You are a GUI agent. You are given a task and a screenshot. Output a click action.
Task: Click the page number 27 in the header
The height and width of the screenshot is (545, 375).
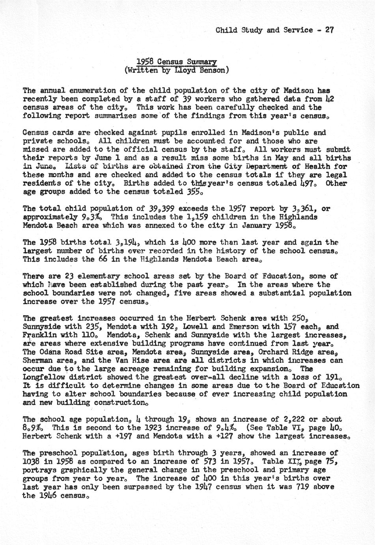pyautogui.click(x=329, y=30)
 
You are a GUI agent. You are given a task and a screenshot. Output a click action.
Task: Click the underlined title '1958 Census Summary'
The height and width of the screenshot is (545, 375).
pyautogui.click(x=176, y=62)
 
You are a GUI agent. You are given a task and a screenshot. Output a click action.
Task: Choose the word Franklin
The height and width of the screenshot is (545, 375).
pyautogui.click(x=37, y=335)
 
